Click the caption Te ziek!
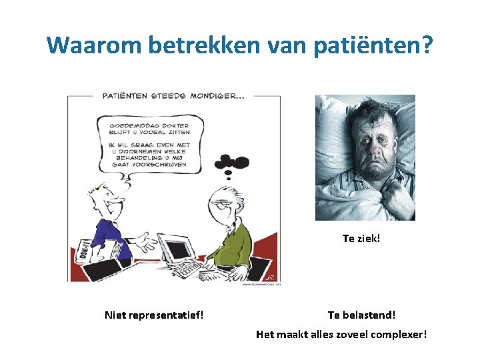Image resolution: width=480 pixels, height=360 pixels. pyautogui.click(x=361, y=238)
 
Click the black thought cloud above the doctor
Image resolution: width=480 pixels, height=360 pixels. pyautogui.click(x=231, y=163)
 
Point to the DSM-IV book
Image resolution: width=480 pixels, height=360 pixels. pyautogui.click(x=88, y=249)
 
